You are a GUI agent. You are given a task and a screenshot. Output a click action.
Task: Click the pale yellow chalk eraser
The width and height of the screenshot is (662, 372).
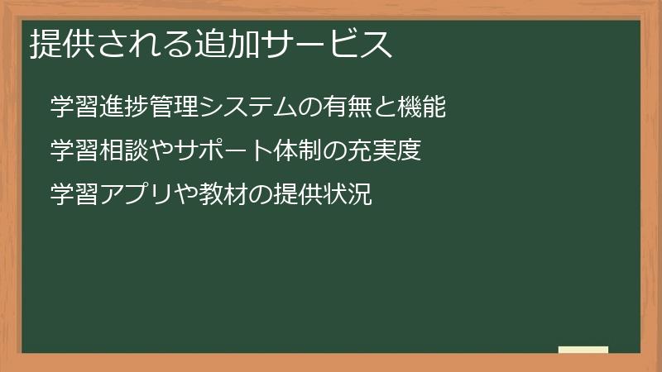pyautogui.click(x=583, y=350)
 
